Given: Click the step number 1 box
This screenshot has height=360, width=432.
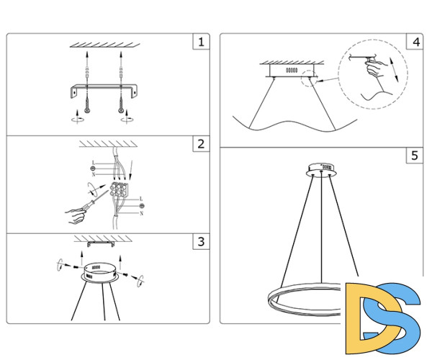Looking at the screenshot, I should tap(201, 42).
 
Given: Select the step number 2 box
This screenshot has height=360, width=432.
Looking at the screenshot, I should tap(201, 144).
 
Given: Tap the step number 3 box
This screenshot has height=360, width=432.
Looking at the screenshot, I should tap(201, 242).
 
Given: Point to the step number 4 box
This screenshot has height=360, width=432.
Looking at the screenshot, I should tap(414, 42).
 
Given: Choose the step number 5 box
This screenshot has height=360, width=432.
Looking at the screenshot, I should tap(414, 156).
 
